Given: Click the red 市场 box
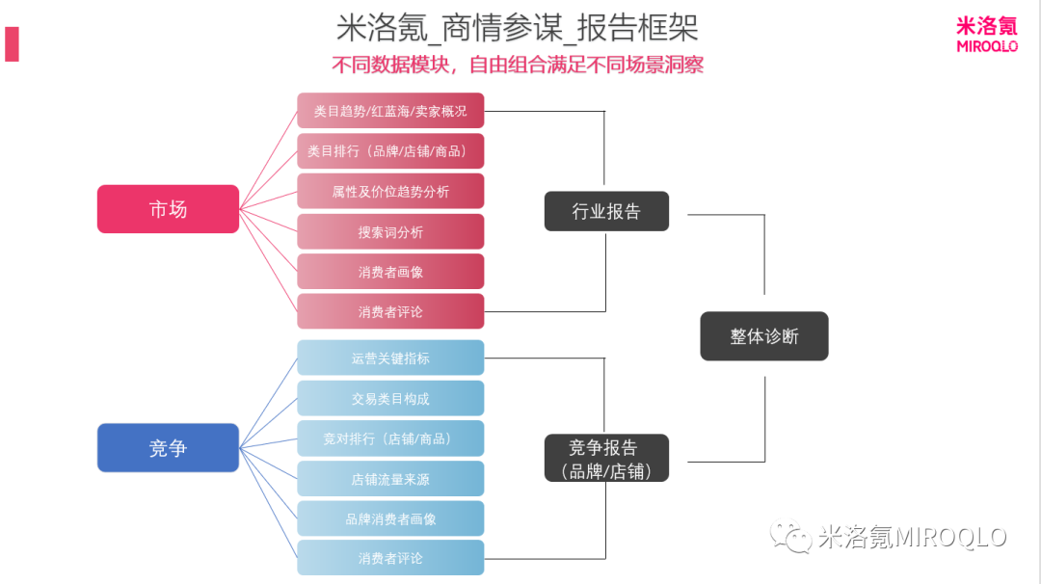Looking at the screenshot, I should click(168, 209).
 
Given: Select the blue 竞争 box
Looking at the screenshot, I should click(168, 448).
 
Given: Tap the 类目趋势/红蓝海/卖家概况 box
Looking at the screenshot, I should click(390, 111).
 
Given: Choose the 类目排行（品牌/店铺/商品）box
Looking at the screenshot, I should click(390, 151).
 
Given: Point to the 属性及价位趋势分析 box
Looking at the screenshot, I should click(390, 192).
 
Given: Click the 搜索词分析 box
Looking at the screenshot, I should click(390, 232).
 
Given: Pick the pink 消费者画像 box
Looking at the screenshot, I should click(390, 272).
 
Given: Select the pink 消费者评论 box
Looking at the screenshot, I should click(390, 312).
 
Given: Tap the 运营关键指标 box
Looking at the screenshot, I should click(390, 358).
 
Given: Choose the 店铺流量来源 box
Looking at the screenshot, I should click(390, 478).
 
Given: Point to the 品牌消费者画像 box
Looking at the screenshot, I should click(390, 518).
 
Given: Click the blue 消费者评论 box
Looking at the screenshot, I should click(390, 558).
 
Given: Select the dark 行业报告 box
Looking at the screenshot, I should click(606, 211).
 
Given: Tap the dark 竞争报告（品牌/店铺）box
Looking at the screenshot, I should click(606, 459).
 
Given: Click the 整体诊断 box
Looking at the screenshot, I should click(764, 336).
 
